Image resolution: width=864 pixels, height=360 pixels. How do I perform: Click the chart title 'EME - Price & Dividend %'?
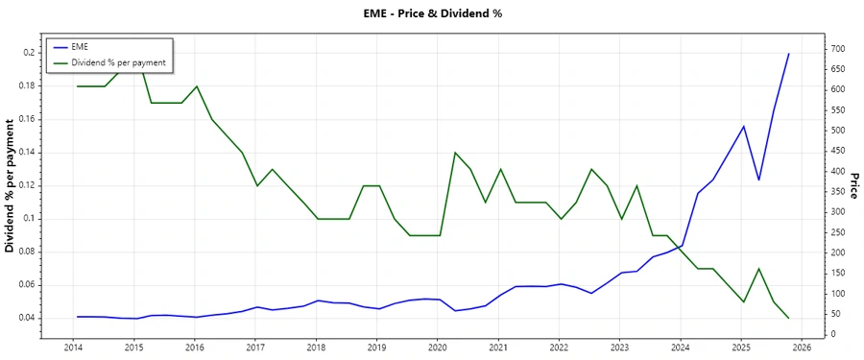(431, 13)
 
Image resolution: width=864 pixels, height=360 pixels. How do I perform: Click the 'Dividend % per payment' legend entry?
(118, 62)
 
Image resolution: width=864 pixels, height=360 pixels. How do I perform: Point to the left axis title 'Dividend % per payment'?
(11, 185)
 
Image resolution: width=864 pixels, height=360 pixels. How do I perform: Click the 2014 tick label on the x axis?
(73, 348)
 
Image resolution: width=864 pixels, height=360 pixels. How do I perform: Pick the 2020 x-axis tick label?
(437, 348)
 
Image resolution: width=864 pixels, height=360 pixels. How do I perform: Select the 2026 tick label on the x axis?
(802, 348)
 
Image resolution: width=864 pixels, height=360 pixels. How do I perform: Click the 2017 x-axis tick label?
(254, 348)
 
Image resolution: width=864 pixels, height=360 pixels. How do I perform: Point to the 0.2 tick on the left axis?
(29, 53)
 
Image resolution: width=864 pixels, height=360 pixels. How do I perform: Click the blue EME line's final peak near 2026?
(789, 54)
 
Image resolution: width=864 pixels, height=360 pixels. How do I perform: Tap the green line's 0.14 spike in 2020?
(455, 153)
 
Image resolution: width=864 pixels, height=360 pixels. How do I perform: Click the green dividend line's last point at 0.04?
(789, 318)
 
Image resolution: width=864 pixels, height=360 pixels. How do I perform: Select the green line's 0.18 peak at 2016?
(197, 86)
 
